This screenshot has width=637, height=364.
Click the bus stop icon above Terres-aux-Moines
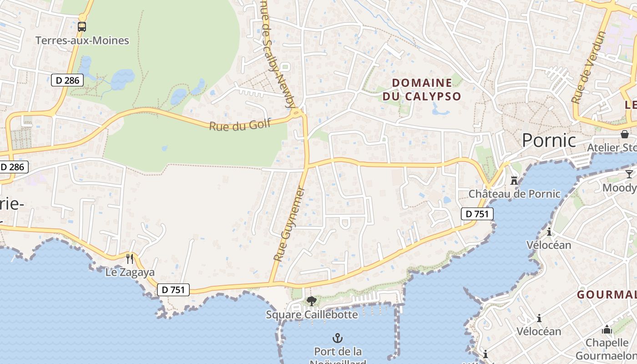82,26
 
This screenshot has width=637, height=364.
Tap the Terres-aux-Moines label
82,40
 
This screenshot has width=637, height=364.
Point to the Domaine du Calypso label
422,89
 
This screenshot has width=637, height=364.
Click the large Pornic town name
549,140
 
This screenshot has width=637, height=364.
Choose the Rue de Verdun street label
589,67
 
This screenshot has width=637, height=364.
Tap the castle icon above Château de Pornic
514,181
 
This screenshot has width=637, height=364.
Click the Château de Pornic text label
515,194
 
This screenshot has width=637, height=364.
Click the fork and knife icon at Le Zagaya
130,259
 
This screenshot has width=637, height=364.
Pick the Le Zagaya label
130,273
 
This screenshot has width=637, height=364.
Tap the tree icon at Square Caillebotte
312,301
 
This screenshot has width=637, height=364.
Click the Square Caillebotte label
312,314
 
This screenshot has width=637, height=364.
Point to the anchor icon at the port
338,338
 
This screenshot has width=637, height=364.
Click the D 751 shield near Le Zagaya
173,289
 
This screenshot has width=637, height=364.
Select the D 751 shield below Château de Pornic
477,214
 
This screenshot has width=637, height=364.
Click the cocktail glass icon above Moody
629,174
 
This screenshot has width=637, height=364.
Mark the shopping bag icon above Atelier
625,134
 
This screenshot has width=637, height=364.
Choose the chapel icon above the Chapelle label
607,329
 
